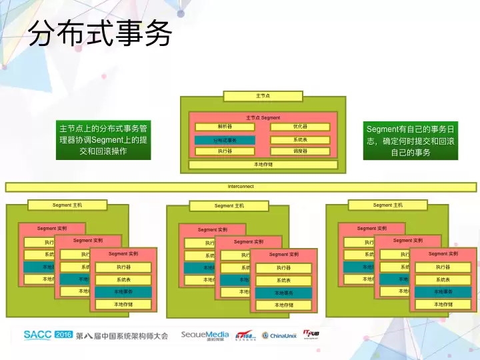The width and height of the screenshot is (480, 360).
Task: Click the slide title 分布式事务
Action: click(100, 33)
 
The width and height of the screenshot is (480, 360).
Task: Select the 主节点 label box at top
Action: click(263, 96)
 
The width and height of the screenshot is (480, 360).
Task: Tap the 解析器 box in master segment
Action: click(225, 127)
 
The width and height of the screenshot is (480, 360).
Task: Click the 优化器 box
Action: click(300, 127)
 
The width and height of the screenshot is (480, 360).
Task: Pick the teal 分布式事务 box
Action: click(225, 140)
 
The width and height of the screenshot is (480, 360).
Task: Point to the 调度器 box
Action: click(300, 151)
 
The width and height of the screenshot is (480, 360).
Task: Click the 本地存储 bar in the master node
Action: click(263, 164)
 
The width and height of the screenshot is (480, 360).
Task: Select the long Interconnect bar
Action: click(241, 187)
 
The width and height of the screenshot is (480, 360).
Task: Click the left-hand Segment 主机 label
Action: click(67, 205)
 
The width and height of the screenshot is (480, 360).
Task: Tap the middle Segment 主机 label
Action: click(229, 206)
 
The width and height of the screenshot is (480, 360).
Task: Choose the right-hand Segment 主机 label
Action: click(387, 205)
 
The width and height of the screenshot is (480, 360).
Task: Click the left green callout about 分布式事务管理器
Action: click(103, 140)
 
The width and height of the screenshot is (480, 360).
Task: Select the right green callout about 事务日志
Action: click(411, 140)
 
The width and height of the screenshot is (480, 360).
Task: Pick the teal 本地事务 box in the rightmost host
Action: click(443, 292)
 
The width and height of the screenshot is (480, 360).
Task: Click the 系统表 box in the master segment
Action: click(300, 140)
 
